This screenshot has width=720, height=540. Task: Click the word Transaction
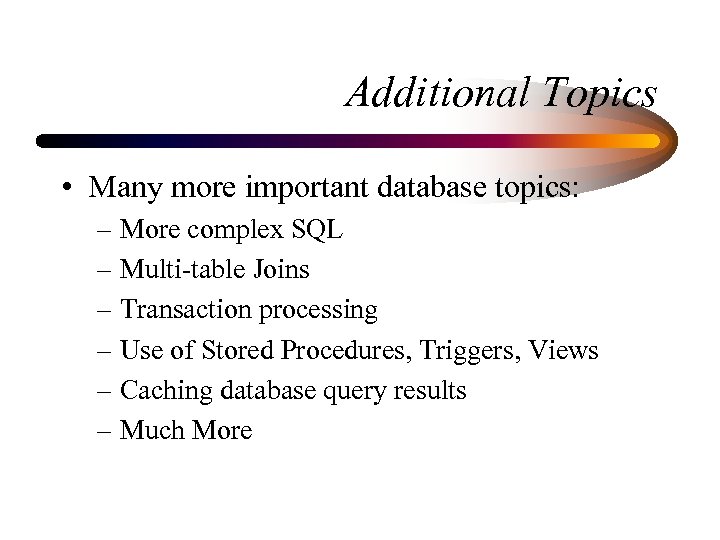click(x=186, y=310)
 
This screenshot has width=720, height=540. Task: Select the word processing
click(x=318, y=311)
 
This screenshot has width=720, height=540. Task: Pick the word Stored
click(x=238, y=351)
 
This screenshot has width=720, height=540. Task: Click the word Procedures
click(x=346, y=351)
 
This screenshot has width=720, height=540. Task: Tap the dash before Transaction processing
click(x=106, y=311)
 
